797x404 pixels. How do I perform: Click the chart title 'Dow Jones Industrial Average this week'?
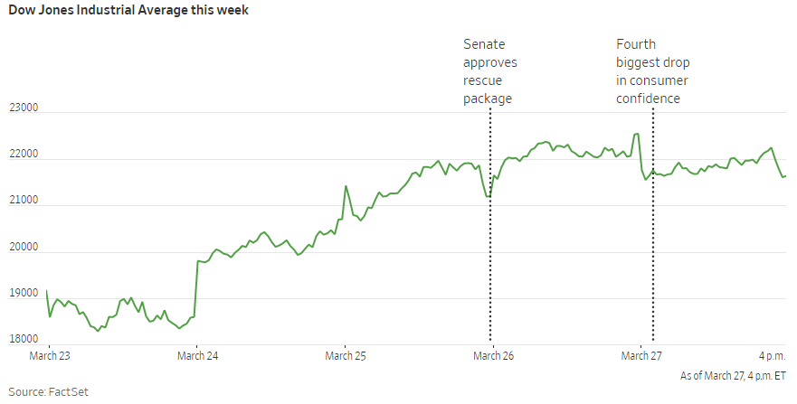[x=128, y=10]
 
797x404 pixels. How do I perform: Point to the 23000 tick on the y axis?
[x=24, y=108]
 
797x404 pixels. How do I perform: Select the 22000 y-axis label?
[x=24, y=155]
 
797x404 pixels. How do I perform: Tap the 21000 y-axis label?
[x=24, y=200]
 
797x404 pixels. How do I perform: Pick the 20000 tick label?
[x=24, y=247]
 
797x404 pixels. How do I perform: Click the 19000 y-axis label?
[x=24, y=294]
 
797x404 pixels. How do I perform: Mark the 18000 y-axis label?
[x=24, y=339]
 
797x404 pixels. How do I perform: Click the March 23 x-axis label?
[x=50, y=356]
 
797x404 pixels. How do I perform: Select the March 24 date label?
[x=198, y=356]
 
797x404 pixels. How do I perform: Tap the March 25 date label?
[x=346, y=356]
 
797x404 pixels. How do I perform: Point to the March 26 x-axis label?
[x=494, y=356]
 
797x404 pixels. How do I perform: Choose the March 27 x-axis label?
[x=641, y=356]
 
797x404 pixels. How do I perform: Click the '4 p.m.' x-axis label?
[x=773, y=356]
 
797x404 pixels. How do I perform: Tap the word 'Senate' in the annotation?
[x=484, y=44]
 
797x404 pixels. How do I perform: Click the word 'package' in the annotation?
[x=488, y=99]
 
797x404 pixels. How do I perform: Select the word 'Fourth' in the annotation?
[x=636, y=44]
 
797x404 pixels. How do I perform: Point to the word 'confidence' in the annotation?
[x=648, y=99]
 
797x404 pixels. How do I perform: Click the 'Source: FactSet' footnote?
[x=48, y=392]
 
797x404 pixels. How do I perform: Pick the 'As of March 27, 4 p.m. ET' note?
[x=733, y=376]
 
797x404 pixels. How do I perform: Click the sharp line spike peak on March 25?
[x=346, y=186]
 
